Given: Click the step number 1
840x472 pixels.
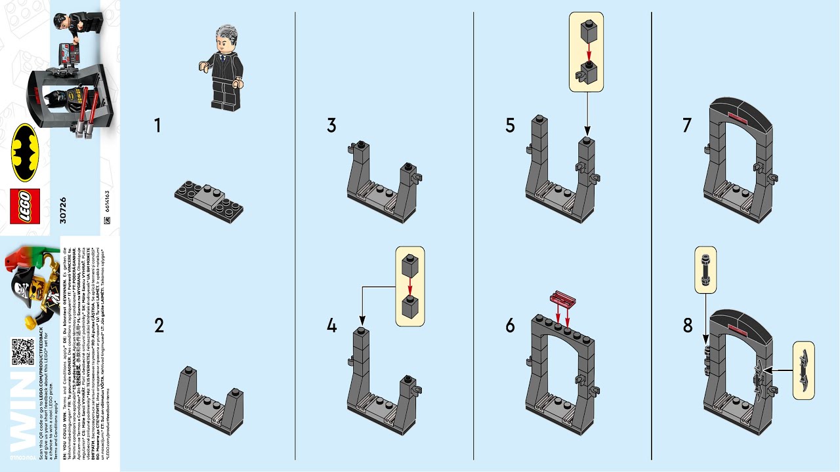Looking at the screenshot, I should pyautogui.click(x=157, y=125).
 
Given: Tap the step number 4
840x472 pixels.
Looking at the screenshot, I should pyautogui.click(x=332, y=324).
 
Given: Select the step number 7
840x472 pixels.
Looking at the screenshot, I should pyautogui.click(x=687, y=125).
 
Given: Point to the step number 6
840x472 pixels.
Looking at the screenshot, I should pyautogui.click(x=510, y=324).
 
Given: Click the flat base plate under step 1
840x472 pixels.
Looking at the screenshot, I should pyautogui.click(x=209, y=200).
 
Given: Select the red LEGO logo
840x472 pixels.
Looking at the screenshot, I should pyautogui.click(x=25, y=206).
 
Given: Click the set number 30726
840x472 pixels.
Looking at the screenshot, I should pyautogui.click(x=63, y=206).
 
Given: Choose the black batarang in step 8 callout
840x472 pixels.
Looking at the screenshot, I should pyautogui.click(x=804, y=370).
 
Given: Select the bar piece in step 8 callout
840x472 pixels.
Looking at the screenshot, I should pyautogui.click(x=705, y=269).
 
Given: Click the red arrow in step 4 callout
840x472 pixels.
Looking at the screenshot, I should pyautogui.click(x=409, y=286).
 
